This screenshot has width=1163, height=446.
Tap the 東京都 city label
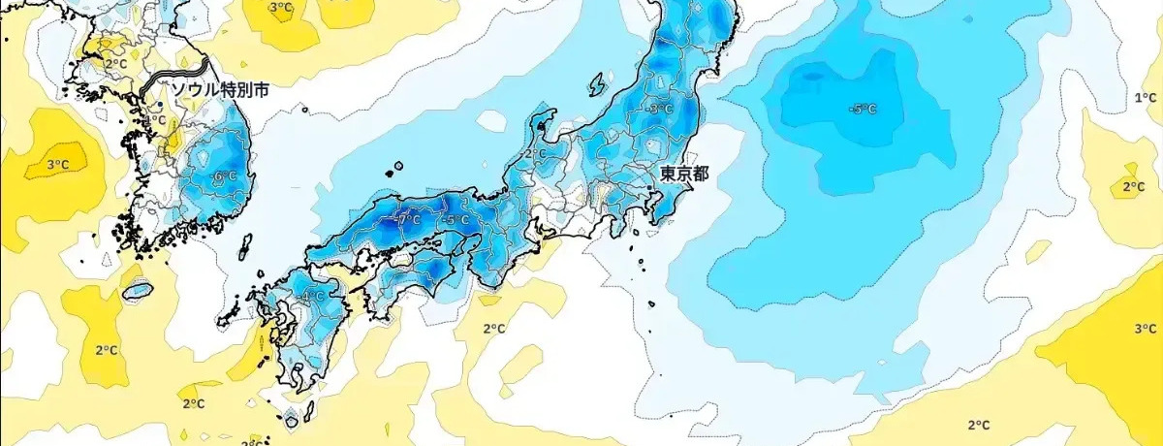[x=684, y=174]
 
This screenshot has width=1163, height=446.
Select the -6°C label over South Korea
[x=224, y=176]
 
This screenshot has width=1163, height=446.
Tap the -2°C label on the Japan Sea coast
[x=533, y=153]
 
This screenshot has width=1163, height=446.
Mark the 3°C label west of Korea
[x=57, y=164]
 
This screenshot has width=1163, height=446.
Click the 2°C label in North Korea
[x=115, y=64]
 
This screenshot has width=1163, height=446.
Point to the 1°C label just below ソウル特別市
[x=155, y=120]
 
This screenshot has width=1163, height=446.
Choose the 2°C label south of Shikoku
[x=493, y=329]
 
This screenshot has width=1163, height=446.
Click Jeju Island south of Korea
[x=139, y=289]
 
